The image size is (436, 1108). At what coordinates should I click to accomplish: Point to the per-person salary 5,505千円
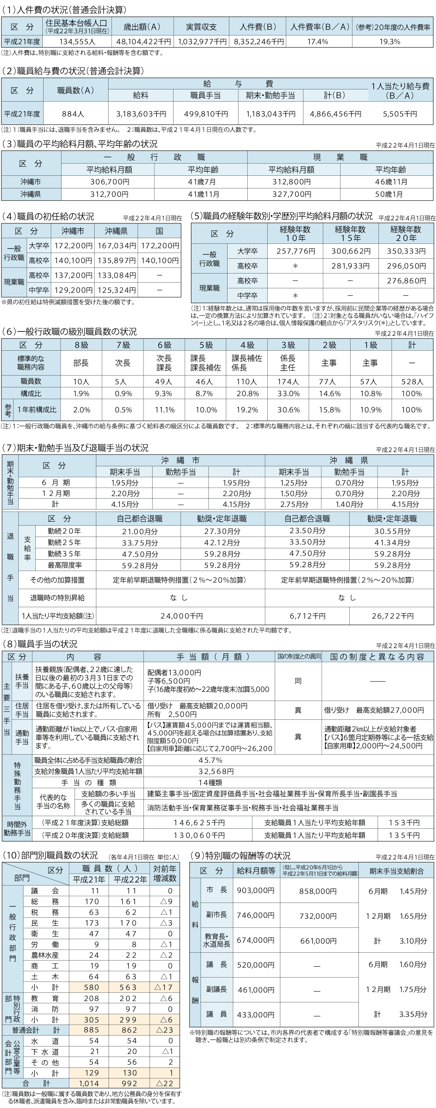(x=400, y=114)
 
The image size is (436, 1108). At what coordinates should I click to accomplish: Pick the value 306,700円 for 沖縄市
(x=109, y=181)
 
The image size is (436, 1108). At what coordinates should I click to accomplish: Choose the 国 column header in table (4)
(x=159, y=231)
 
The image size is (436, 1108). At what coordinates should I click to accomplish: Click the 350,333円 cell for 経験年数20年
(x=406, y=251)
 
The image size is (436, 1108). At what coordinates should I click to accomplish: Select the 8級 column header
(x=81, y=345)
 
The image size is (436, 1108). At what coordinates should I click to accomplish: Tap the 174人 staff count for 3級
(x=288, y=381)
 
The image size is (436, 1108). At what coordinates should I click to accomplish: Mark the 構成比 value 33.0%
(x=288, y=393)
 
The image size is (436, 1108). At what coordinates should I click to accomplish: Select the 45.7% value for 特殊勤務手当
(x=210, y=760)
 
